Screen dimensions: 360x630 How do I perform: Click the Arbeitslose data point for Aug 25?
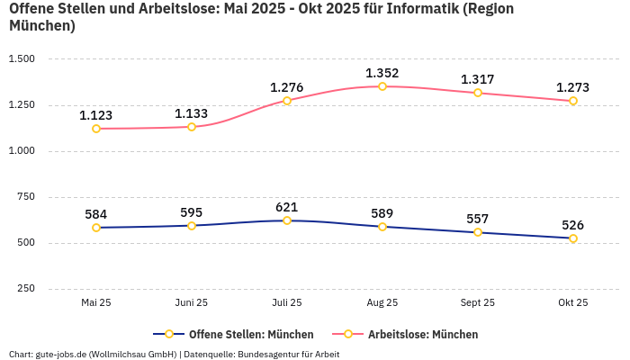click(382, 86)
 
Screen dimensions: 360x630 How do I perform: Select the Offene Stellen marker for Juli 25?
click(287, 220)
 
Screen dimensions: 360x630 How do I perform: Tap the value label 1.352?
click(382, 73)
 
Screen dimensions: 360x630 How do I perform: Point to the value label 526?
click(573, 225)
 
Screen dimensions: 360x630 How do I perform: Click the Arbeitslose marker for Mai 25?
click(96, 129)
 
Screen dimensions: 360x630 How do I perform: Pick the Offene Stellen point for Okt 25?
click(573, 238)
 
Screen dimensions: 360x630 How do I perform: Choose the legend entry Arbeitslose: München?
click(423, 334)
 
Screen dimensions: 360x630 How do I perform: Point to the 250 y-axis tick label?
click(26, 289)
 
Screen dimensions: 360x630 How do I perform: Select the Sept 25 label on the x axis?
click(478, 303)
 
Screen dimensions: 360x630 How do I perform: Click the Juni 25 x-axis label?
click(192, 303)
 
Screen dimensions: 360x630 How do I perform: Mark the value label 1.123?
click(96, 115)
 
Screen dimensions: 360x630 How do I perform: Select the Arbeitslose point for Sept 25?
click(478, 93)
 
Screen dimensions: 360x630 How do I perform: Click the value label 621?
click(287, 207)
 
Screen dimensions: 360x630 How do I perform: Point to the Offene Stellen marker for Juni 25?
click(192, 226)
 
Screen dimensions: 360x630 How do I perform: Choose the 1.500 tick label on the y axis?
click(21, 58)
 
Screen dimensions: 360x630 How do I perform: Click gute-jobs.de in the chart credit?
click(60, 355)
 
